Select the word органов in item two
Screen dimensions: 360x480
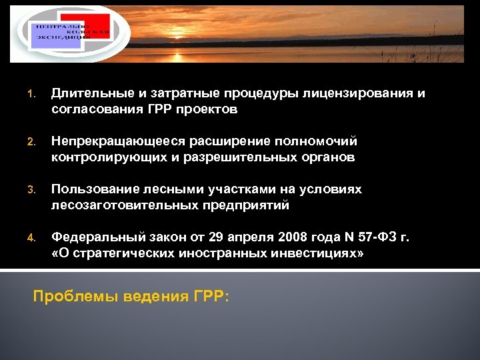(331, 157)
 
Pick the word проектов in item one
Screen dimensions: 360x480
(206, 109)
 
